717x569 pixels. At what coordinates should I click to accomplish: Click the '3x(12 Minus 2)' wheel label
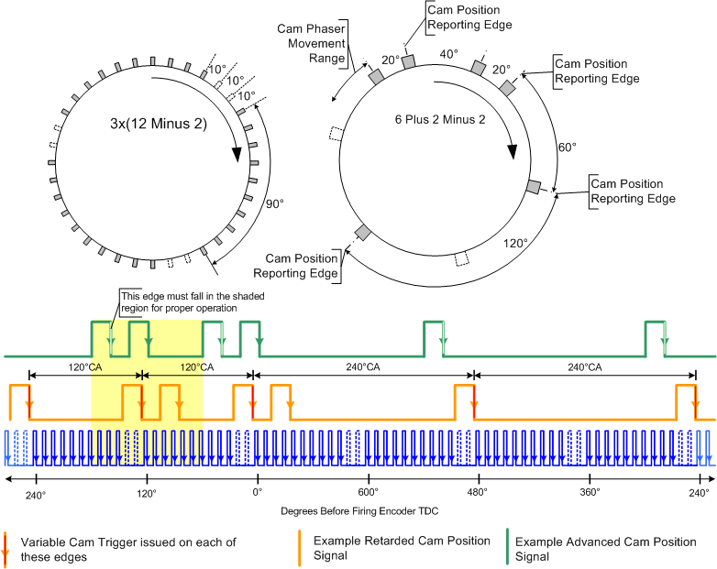pyautogui.click(x=159, y=124)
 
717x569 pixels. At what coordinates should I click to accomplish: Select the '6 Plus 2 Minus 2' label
pyautogui.click(x=440, y=120)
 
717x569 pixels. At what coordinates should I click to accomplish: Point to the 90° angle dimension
pyautogui.click(x=275, y=203)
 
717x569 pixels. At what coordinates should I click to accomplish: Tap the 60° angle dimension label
pyautogui.click(x=567, y=148)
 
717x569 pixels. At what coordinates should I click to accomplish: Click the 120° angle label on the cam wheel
pyautogui.click(x=515, y=243)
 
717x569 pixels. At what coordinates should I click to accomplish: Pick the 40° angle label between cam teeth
pyautogui.click(x=449, y=54)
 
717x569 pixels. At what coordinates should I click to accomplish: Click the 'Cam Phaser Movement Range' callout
pyautogui.click(x=312, y=43)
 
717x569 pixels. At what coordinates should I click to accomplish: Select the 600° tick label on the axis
pyautogui.click(x=368, y=492)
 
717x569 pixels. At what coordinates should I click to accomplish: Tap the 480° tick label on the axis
pyautogui.click(x=479, y=492)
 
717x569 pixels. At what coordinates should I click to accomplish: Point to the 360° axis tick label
pyautogui.click(x=590, y=492)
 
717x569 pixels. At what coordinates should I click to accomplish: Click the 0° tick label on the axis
pyautogui.click(x=258, y=492)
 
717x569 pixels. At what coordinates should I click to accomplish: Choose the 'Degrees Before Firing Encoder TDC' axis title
pyautogui.click(x=359, y=511)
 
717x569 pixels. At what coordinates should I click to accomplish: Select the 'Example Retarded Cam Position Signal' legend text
pyautogui.click(x=402, y=548)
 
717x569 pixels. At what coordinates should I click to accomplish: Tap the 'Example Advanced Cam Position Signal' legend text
pyautogui.click(x=605, y=549)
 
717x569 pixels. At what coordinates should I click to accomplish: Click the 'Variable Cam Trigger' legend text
pyautogui.click(x=128, y=550)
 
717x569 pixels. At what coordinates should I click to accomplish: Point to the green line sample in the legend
pyautogui.click(x=507, y=547)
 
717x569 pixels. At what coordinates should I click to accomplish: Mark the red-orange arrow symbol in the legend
pyautogui.click(x=5, y=549)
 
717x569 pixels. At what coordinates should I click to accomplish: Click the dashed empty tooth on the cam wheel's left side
pyautogui.click(x=336, y=134)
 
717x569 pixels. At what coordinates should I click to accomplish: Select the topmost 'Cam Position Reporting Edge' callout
pyautogui.click(x=469, y=17)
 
